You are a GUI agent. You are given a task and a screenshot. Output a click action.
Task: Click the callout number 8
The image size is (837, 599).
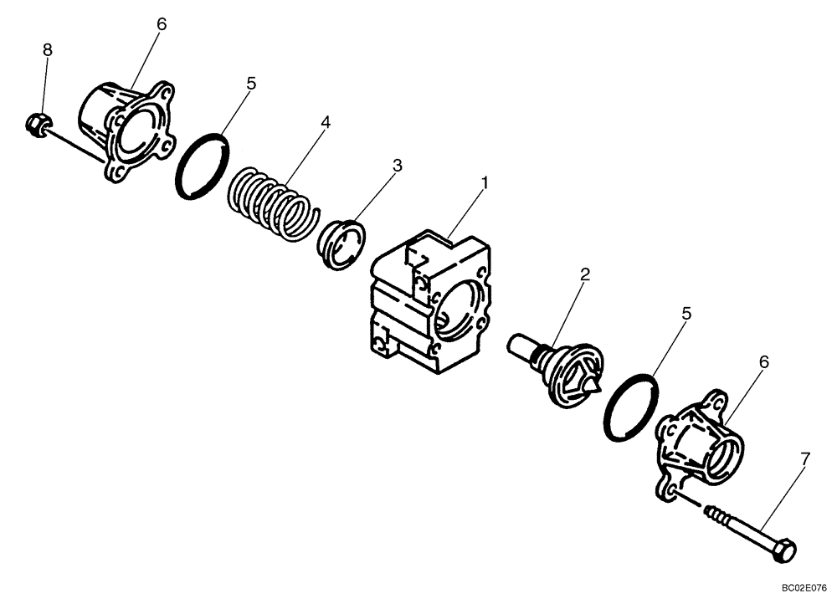click(48, 50)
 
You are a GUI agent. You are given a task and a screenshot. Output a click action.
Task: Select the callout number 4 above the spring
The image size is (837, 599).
click(326, 122)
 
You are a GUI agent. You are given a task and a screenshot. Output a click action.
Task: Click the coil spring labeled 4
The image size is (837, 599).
click(270, 204)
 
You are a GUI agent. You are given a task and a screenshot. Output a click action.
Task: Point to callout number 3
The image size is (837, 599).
click(398, 166)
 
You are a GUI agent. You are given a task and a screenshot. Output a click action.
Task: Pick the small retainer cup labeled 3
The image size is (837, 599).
click(343, 243)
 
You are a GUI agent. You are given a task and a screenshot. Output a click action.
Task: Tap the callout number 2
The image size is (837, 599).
click(585, 274)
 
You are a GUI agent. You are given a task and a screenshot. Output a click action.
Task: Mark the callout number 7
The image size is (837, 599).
click(804, 458)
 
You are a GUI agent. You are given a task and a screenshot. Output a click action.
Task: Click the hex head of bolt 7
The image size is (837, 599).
click(786, 552)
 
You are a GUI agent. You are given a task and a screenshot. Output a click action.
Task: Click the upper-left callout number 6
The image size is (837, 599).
click(162, 24)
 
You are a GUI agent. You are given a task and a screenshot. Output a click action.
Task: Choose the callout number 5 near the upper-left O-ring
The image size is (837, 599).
click(251, 84)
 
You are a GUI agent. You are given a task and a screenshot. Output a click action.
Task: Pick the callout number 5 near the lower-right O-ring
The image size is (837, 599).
click(686, 314)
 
